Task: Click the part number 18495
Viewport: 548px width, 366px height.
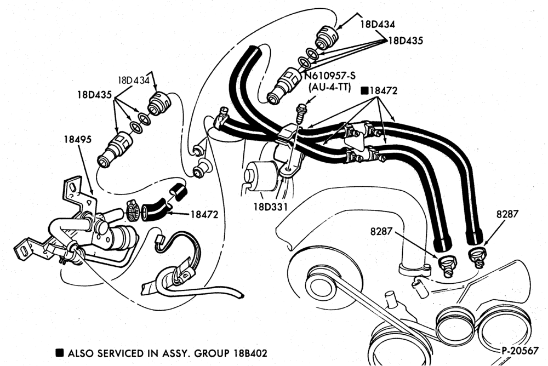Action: coord(78,139)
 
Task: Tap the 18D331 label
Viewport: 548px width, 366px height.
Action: coord(271,207)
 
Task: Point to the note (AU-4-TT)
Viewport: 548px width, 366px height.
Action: coord(329,88)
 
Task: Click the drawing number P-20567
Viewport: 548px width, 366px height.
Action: coord(520,351)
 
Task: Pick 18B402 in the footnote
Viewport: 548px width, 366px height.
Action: coord(249,353)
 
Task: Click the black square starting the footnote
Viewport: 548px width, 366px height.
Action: coord(60,353)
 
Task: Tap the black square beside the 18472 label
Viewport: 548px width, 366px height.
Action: coord(364,91)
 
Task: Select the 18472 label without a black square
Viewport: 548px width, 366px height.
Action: coord(204,214)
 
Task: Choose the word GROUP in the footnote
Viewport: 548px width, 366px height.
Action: coord(212,353)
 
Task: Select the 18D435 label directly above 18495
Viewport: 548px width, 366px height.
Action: coord(94,94)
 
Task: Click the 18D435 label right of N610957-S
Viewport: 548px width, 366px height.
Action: coord(406,41)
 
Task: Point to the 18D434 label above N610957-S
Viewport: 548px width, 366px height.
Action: coord(378,25)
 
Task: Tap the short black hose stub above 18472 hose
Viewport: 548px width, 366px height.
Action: coord(179,192)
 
